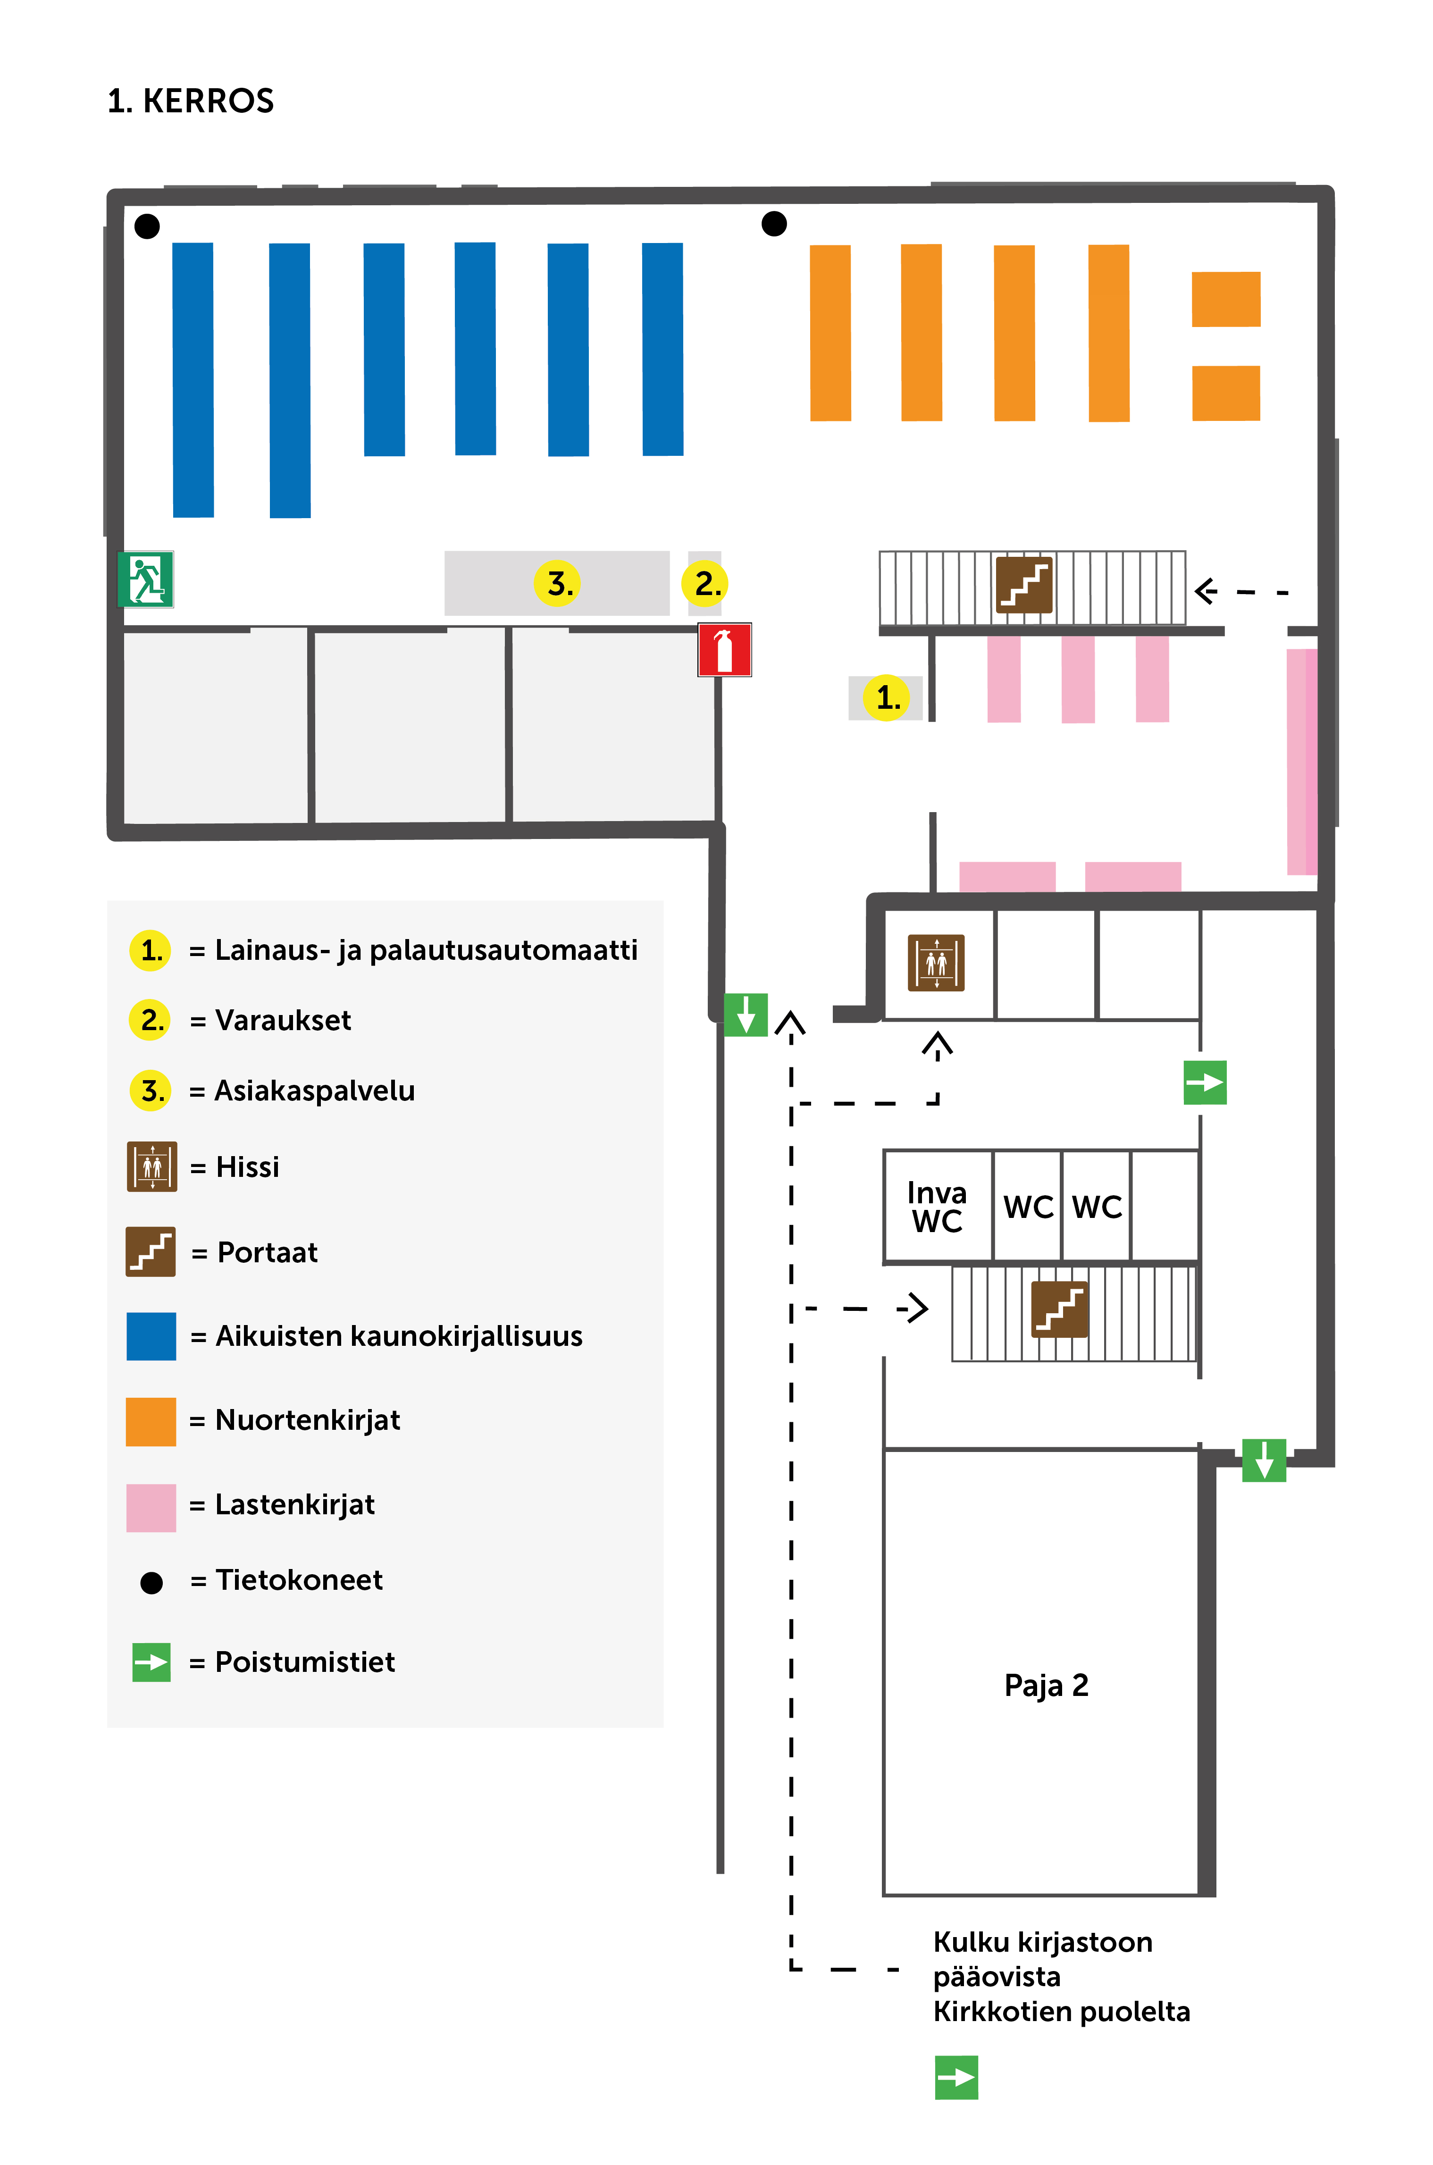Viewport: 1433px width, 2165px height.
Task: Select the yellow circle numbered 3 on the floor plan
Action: point(557,583)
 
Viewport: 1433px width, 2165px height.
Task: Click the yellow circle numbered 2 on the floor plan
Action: point(705,583)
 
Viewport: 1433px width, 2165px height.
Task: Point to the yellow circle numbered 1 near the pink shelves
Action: point(887,698)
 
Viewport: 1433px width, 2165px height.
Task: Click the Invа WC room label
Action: point(937,1206)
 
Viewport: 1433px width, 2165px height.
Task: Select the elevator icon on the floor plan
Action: point(936,962)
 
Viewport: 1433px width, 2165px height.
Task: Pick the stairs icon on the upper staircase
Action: point(1023,585)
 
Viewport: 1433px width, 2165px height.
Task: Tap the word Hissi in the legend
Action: point(248,1167)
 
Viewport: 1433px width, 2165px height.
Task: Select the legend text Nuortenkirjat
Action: point(308,1420)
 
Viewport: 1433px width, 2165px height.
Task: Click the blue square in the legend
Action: point(151,1336)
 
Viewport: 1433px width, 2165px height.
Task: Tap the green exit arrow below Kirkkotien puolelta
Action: point(956,2077)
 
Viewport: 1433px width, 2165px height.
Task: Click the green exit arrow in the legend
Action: point(152,1662)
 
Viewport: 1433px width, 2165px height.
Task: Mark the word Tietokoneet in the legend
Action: point(299,1580)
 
